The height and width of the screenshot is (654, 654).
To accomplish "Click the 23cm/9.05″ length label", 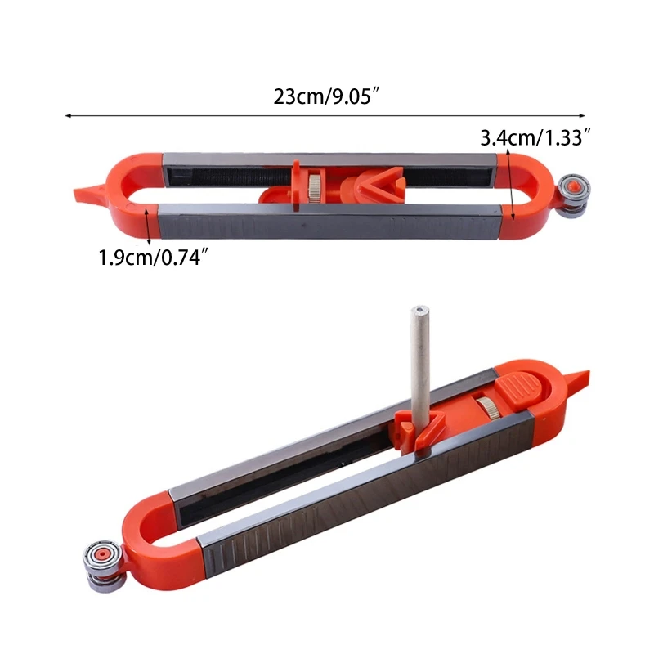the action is (326, 96).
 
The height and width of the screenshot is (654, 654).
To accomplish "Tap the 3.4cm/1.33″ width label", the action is (535, 137).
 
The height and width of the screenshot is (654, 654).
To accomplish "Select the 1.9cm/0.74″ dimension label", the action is (153, 258).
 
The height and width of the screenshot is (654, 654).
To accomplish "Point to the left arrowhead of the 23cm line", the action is (68, 115).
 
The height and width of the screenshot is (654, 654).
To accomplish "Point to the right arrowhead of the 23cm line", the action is (582, 115).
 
